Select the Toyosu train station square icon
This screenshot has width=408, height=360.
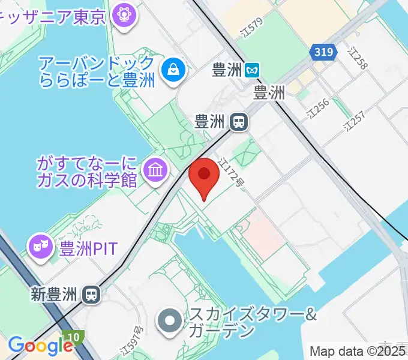239,122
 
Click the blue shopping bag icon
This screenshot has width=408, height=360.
173,70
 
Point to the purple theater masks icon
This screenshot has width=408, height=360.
41,248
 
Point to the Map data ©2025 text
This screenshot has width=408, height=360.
358,351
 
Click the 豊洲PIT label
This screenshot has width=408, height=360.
88,248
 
